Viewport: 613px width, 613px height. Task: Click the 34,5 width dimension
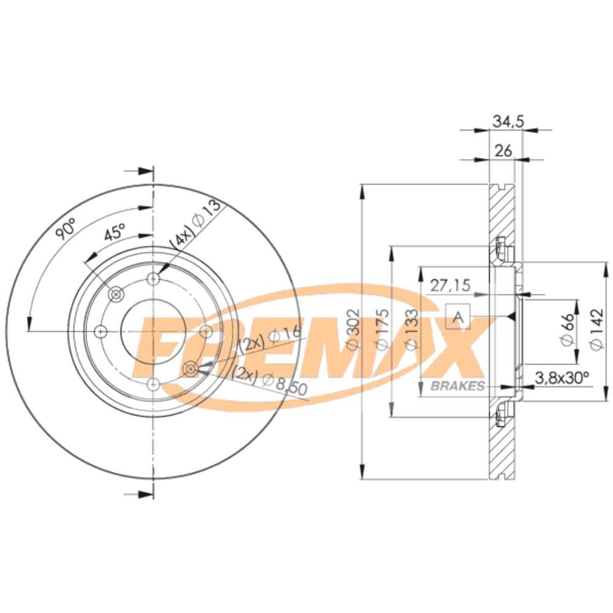pos(508,121)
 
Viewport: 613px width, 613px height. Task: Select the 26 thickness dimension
pos(503,151)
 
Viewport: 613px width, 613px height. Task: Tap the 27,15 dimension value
pos(450,285)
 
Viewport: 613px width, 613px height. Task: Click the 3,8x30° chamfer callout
pos(562,378)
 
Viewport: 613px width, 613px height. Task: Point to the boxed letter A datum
pos(458,317)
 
